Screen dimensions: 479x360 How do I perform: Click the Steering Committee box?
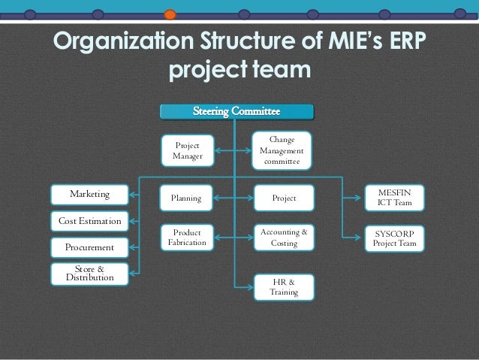pos(236,112)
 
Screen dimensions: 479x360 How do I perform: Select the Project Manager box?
pos(188,150)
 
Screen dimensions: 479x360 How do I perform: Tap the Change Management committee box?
pos(282,150)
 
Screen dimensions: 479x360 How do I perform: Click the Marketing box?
pos(89,195)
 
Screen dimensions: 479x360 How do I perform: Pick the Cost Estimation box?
pos(89,221)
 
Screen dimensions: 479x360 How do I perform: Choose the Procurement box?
pos(89,247)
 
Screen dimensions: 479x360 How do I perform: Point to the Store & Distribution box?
pos(89,273)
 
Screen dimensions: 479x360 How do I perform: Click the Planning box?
pos(187,198)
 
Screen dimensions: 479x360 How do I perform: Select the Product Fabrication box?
pos(187,238)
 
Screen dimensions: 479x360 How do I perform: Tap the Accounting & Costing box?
pos(283,238)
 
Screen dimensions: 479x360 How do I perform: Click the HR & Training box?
pos(283,286)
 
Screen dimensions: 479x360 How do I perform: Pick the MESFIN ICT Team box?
pos(394,198)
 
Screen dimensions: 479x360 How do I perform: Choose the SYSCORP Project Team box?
pos(394,239)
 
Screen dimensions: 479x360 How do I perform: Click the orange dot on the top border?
pos(170,14)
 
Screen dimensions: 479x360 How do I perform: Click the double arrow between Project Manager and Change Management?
pos(234,150)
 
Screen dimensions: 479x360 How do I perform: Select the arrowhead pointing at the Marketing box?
pos(133,195)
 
